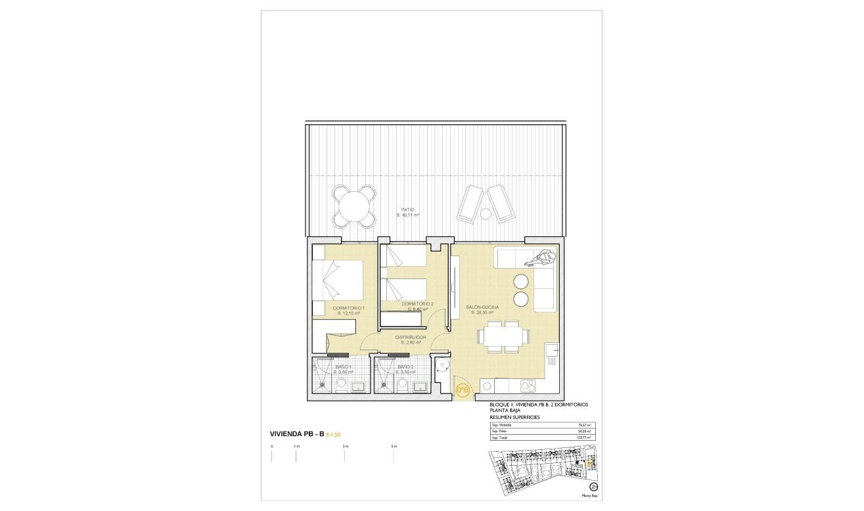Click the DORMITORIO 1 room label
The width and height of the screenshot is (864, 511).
348,307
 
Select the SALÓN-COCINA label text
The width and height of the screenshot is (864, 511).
482,307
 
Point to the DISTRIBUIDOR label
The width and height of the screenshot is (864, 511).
411,337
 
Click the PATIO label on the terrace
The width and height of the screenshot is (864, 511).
407,210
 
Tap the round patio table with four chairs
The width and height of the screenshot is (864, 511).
354,205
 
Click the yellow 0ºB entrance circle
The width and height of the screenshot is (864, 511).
463,391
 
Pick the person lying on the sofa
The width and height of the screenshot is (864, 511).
539,259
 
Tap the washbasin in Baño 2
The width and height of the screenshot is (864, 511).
419,386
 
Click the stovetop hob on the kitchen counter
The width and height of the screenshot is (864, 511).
527,386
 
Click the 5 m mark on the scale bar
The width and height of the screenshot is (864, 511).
394,447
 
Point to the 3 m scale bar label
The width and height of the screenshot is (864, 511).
345,447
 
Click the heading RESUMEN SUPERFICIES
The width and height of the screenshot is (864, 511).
514,417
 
